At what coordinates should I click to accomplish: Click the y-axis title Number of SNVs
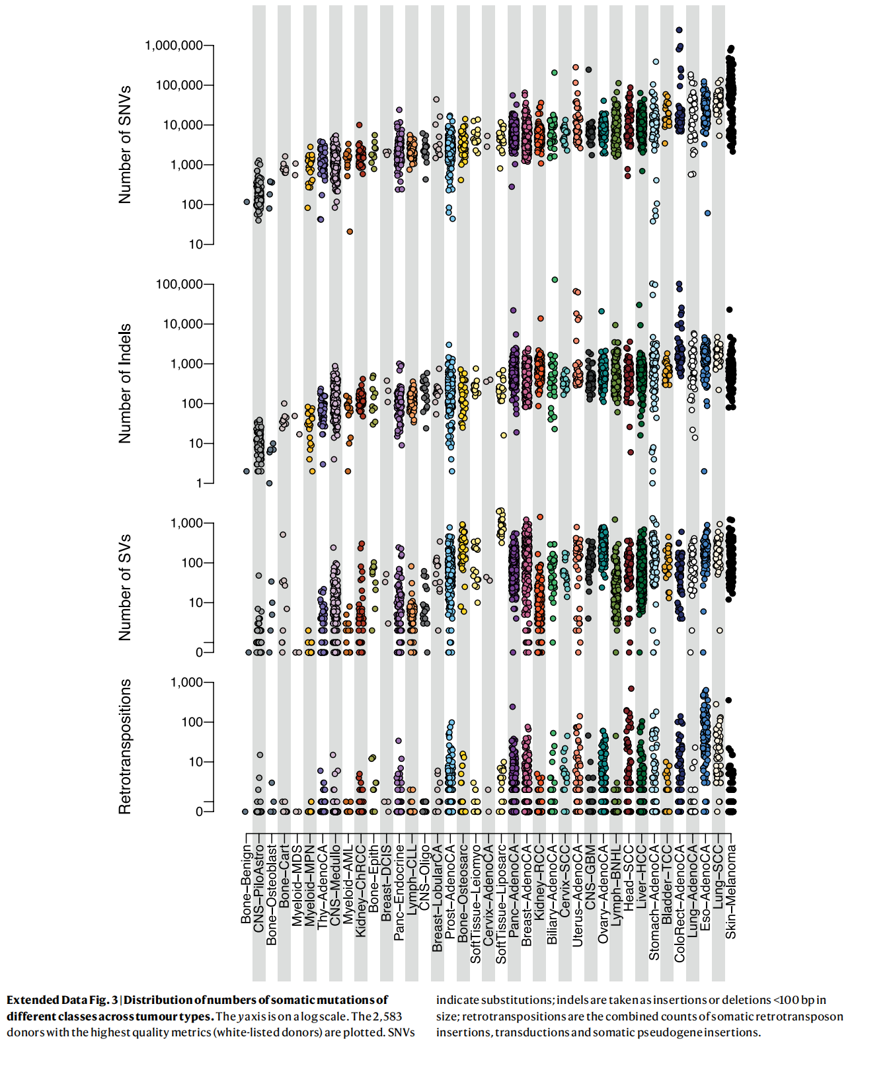[x=124, y=144]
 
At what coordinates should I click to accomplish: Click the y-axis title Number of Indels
[x=124, y=384]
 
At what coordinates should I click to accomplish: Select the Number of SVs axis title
[x=124, y=587]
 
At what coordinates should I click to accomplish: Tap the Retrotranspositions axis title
[x=124, y=746]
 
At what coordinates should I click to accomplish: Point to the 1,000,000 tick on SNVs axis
[x=174, y=45]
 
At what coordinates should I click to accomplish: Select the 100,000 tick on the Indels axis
[x=179, y=284]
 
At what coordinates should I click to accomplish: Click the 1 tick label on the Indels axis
[x=199, y=483]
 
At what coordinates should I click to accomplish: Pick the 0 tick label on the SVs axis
[x=199, y=652]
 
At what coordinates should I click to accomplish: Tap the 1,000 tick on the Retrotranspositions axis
[x=186, y=683]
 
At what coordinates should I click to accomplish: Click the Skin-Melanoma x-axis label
[x=731, y=891]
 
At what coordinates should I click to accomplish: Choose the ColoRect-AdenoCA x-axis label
[x=679, y=903]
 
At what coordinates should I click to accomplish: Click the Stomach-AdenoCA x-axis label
[x=654, y=902]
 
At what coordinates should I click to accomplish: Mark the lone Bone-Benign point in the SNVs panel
[x=247, y=202]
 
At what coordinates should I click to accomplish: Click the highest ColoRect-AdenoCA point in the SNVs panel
[x=679, y=30]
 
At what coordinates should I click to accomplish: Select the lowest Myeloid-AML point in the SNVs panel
[x=350, y=231]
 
